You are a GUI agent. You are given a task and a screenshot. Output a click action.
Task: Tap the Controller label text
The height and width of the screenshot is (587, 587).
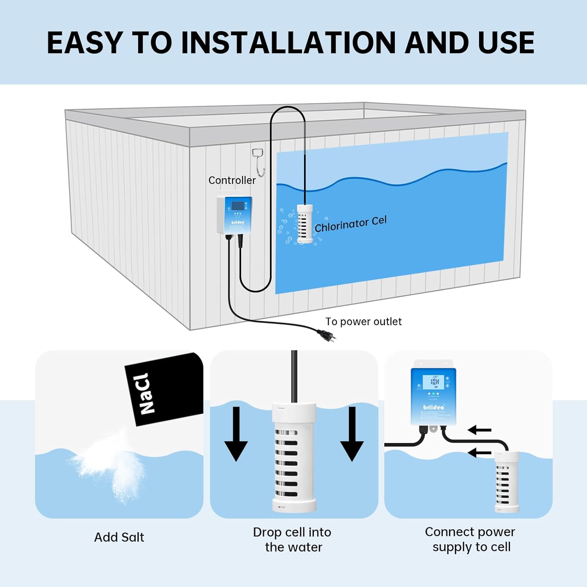[232, 180]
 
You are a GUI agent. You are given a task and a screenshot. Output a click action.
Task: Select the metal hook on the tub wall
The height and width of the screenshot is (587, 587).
[259, 161]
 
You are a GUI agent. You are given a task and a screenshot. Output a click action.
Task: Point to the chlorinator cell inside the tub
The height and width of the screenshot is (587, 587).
[305, 223]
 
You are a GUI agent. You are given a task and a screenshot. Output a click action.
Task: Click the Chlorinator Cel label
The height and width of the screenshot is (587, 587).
[350, 224]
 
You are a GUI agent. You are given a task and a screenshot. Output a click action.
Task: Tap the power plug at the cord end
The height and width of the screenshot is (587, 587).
[326, 336]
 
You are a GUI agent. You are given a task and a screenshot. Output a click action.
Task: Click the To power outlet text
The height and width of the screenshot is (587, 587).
[363, 322]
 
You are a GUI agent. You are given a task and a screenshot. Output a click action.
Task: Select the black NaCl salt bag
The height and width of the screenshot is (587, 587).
[164, 389]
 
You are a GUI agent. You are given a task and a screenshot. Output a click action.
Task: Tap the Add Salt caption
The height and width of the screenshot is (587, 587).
[119, 537]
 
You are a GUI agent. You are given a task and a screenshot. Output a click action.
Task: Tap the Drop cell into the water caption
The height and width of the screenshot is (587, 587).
[292, 540]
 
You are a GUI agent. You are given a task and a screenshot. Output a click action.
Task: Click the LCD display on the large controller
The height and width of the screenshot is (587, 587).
[434, 382]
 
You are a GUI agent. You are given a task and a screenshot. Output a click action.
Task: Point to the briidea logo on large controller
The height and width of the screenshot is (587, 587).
[434, 407]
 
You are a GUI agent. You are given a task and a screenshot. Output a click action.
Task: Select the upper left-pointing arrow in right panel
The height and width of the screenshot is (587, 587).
[479, 430]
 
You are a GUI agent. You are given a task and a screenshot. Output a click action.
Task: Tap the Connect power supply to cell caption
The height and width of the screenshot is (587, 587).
[470, 539]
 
